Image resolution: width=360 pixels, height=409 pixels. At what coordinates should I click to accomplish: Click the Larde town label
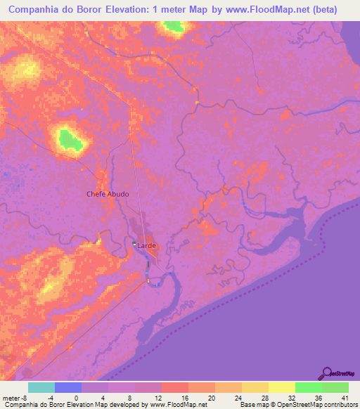[x=147, y=246]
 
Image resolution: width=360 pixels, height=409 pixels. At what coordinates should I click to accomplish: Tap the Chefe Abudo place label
[x=108, y=194]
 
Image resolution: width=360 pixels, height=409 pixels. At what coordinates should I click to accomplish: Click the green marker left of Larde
[x=135, y=244]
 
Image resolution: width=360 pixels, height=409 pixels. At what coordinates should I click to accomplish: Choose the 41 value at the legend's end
[x=342, y=397]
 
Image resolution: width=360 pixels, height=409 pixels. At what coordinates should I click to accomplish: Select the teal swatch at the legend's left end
[x=41, y=387]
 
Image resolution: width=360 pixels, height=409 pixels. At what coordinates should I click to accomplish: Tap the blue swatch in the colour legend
[x=68, y=387]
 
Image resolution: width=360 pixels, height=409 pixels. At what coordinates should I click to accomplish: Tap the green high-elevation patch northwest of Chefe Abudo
[x=69, y=139]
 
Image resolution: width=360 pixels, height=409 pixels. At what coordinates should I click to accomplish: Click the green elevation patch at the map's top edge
[x=172, y=27]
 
